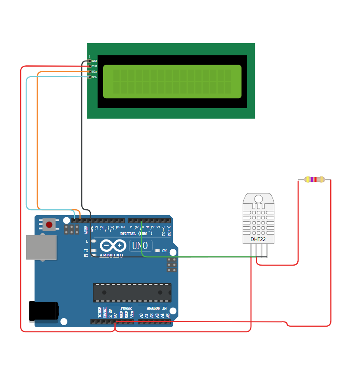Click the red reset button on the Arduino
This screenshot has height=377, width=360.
tap(49, 225)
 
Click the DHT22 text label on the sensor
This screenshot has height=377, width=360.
tap(258, 239)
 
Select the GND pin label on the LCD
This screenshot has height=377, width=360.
tap(94, 61)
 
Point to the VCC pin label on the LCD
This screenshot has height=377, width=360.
tap(94, 66)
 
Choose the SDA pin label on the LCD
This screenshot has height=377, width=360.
tap(94, 71)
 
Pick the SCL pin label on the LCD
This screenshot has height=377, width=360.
tap(94, 77)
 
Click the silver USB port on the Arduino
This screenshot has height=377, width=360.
tap(41, 247)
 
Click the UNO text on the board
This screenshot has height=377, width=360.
tap(140, 245)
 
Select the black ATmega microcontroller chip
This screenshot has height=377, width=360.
tap(132, 292)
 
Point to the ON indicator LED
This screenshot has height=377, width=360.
tap(158, 251)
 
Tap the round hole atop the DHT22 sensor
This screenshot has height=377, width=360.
tap(259, 198)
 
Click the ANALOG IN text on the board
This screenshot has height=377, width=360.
tap(157, 308)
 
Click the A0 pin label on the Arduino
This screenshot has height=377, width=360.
tap(141, 316)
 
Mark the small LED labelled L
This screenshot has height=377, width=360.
tap(94, 241)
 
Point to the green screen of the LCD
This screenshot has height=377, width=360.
tap(172, 81)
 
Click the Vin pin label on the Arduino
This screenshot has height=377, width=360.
tap(132, 316)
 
